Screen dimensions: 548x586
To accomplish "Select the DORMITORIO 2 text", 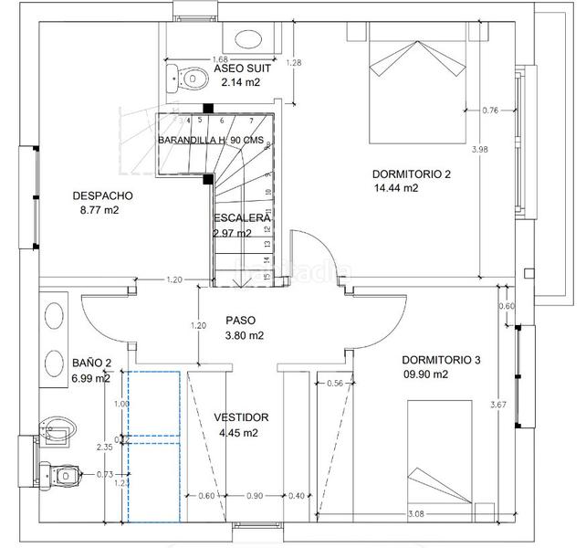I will [x=411, y=174].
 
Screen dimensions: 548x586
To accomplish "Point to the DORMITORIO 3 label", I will [x=440, y=360].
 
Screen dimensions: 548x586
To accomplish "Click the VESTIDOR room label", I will [x=241, y=417].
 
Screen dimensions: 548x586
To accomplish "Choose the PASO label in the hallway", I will [x=241, y=321].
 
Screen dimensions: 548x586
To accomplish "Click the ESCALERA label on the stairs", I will [x=241, y=218].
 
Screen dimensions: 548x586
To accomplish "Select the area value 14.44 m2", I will [x=396, y=189].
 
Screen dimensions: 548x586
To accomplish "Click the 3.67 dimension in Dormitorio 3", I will [x=498, y=405].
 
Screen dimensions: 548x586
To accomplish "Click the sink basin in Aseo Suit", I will [x=246, y=39].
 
